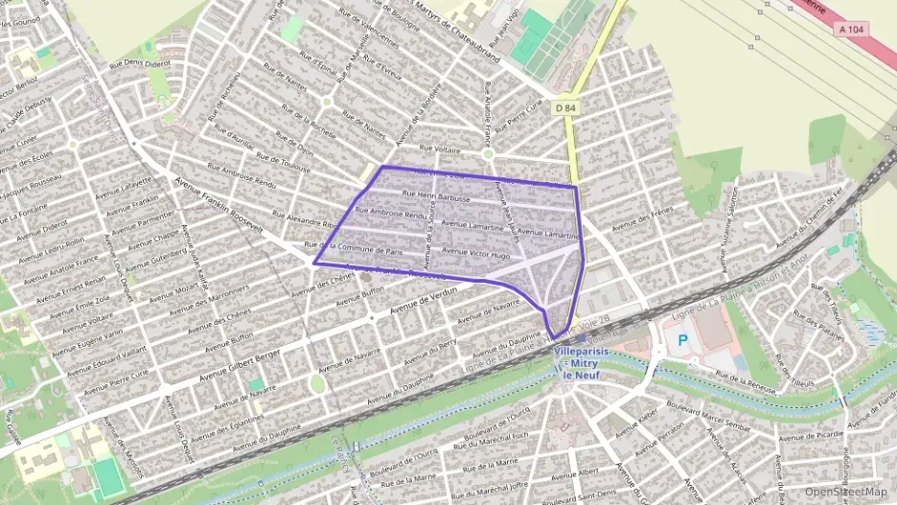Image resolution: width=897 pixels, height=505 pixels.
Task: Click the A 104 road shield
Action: coord(851,30)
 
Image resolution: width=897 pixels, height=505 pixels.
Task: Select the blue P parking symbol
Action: coord(683,339)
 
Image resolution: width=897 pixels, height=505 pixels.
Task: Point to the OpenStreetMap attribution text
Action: coord(846,492)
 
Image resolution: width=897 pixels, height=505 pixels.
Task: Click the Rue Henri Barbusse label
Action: coord(437,196)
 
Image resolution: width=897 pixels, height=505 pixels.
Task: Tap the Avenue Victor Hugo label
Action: coord(475,255)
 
